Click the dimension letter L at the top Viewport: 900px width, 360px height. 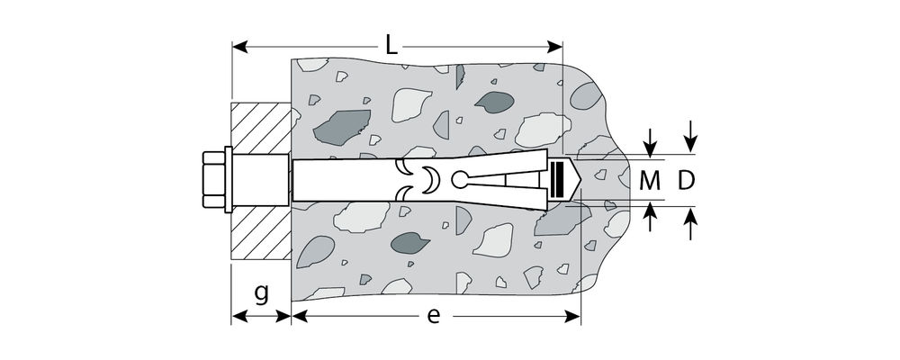(391, 45)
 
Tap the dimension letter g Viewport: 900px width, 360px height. (262, 294)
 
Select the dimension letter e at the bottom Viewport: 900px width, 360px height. (434, 316)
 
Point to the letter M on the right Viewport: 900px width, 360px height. (650, 181)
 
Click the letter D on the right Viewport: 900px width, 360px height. (686, 181)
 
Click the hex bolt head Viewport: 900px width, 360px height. (213, 180)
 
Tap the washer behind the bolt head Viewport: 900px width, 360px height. (229, 180)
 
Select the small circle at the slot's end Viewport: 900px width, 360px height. (459, 180)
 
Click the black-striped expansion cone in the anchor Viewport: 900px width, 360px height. (557, 180)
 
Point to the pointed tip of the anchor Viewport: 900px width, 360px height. (580, 180)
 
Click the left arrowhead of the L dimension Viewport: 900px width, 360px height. (240, 47)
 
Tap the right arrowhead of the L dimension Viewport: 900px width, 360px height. (554, 47)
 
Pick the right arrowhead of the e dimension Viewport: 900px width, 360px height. (572, 316)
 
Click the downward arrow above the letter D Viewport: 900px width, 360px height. (690, 137)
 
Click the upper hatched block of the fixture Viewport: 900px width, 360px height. (261, 128)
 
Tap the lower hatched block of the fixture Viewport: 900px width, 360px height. (261, 232)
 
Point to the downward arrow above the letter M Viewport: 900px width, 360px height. (650, 143)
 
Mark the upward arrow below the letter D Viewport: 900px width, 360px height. (690, 223)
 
